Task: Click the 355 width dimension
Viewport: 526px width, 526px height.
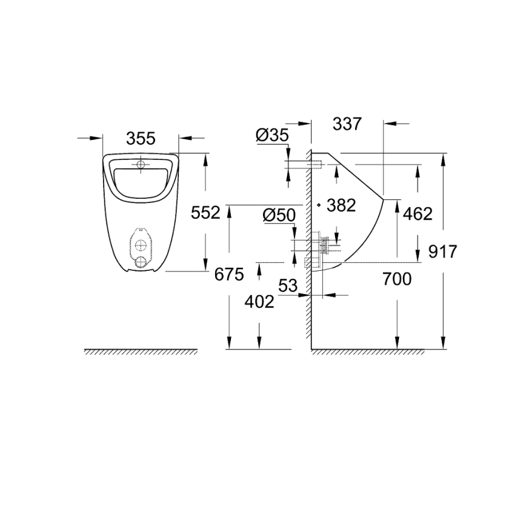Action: [141, 139]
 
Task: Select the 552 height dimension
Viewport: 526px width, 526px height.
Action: [205, 213]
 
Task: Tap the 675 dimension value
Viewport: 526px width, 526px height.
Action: [229, 275]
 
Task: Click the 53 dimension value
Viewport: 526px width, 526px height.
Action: [288, 285]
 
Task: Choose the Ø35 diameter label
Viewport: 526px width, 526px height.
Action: [272, 136]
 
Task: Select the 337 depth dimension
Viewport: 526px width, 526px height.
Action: [347, 124]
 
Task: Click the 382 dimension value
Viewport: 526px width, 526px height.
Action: [341, 205]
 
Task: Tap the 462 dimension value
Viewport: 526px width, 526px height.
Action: [418, 213]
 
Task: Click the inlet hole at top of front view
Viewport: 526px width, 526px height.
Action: [141, 164]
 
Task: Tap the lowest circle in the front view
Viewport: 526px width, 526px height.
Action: [141, 261]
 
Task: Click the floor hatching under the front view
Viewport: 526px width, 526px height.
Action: [141, 352]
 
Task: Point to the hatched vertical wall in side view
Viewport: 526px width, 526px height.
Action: [308, 255]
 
